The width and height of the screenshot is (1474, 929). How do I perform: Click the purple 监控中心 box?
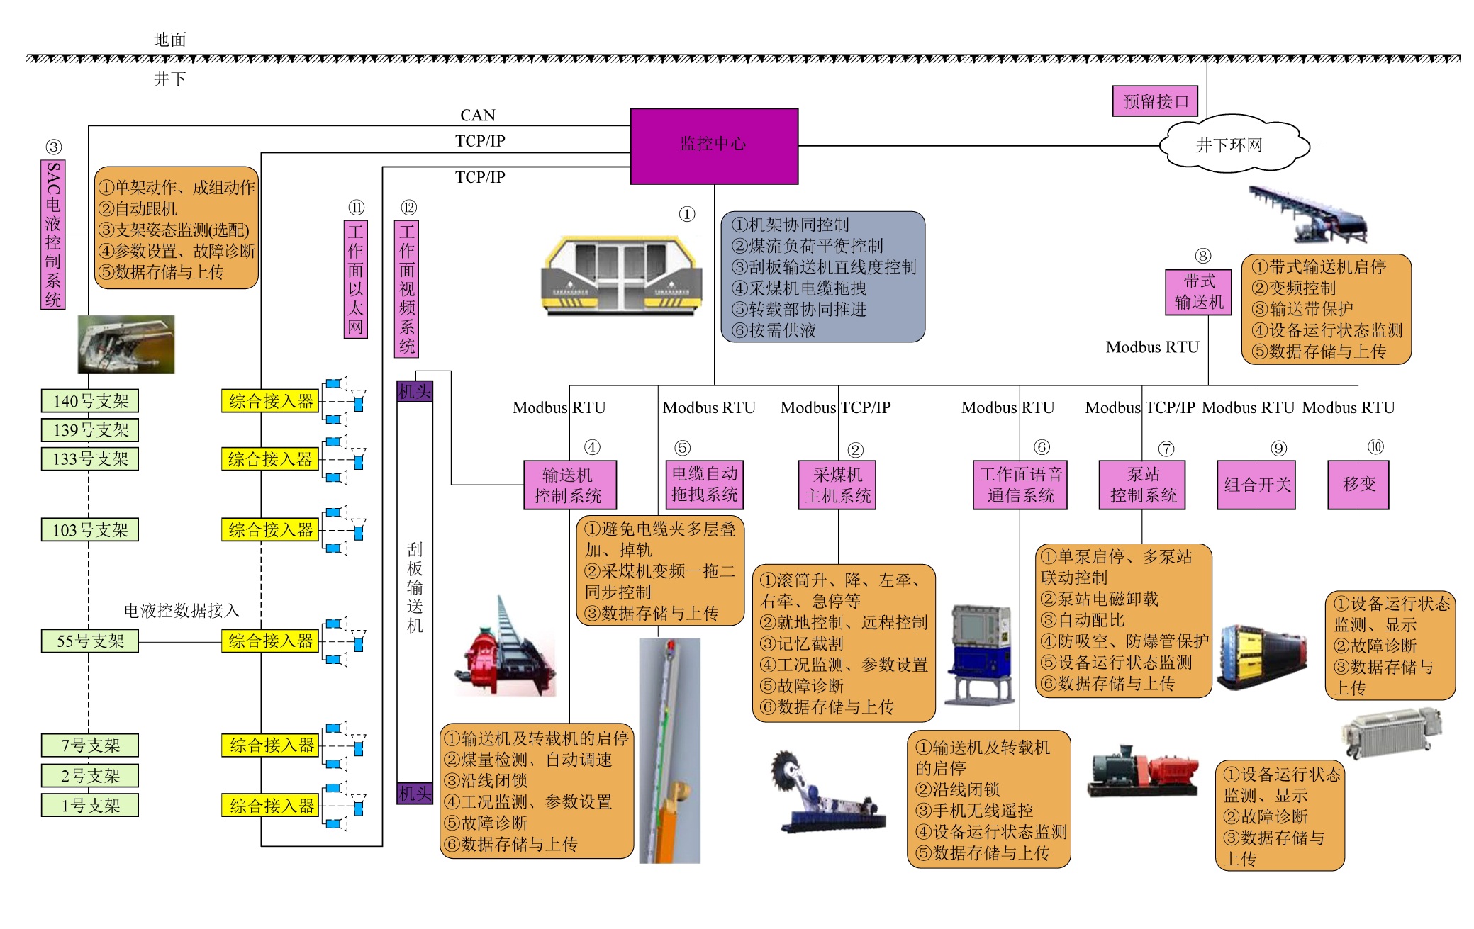pos(714,146)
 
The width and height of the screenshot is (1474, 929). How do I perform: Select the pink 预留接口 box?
pos(1155,101)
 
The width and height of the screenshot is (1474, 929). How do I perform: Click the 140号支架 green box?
pos(90,401)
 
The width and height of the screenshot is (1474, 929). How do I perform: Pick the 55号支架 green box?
pos(90,641)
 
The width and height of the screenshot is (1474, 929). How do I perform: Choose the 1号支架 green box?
pos(90,806)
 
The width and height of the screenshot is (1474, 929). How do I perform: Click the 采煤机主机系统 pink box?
pos(837,485)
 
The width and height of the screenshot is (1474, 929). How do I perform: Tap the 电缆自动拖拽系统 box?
pos(704,485)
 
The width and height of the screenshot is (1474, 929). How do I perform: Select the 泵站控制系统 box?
pos(1142,485)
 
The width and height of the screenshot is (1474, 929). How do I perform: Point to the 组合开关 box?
pos(1256,485)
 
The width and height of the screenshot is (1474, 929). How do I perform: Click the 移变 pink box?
pos(1358,485)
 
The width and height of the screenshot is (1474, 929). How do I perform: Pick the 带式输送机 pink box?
pos(1198,292)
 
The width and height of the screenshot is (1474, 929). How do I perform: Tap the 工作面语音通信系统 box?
pos(1020,485)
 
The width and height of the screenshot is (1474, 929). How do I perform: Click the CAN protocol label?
pos(478,116)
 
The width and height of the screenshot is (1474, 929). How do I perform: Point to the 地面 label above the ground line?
pos(170,40)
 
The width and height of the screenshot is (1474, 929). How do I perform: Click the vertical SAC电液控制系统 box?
pos(53,235)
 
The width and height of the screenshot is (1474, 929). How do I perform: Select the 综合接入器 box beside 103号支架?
pos(270,530)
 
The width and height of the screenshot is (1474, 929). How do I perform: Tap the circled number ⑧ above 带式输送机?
pos(1202,256)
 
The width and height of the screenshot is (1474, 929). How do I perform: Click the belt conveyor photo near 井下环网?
pos(1308,214)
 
